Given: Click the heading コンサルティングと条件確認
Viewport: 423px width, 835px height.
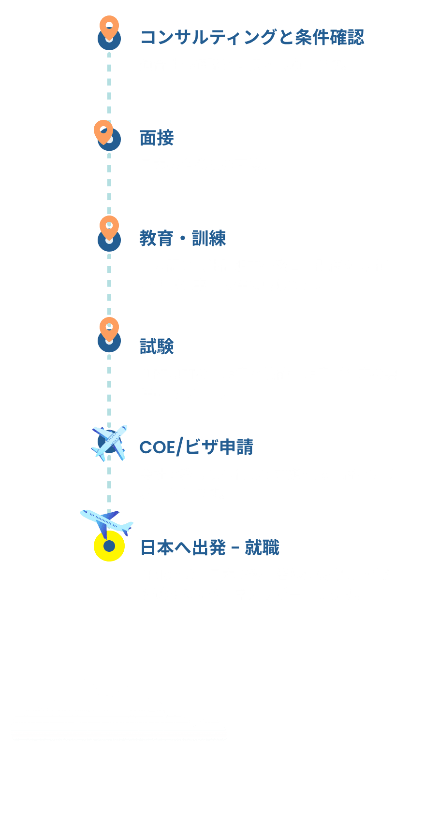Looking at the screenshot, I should [252, 37].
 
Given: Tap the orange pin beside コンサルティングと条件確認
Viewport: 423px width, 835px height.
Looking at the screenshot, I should [109, 27].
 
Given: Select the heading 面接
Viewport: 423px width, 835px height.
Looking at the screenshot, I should [157, 138].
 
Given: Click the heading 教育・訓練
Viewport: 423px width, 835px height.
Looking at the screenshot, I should [183, 238].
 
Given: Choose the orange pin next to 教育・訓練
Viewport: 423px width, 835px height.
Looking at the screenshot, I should [109, 227].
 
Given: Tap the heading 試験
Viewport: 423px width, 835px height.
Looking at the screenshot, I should [157, 346].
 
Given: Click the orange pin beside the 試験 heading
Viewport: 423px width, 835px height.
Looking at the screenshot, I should [109, 329].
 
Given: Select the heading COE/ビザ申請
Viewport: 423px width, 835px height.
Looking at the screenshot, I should [196, 447].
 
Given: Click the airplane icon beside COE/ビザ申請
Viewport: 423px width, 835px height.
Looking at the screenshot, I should [110, 442].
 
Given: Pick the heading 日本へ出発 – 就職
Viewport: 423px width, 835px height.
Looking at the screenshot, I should [210, 547].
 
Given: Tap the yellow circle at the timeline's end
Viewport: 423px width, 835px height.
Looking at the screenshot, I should [109, 546].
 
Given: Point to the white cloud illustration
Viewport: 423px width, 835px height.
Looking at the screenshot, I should [118, 713].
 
